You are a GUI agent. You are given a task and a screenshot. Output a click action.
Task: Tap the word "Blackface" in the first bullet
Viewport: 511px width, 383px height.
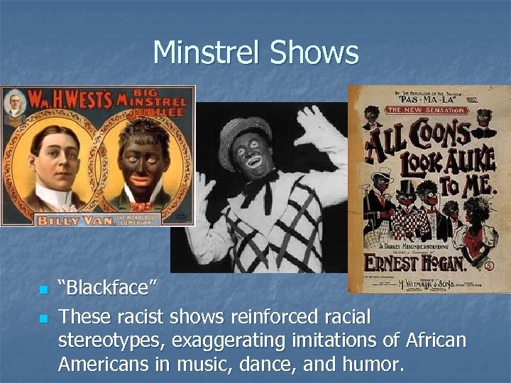click(x=108, y=289)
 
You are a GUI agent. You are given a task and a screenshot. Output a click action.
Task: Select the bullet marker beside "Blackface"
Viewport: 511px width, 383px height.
click(x=43, y=291)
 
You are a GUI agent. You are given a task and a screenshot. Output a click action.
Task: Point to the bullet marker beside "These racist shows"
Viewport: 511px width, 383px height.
click(x=43, y=317)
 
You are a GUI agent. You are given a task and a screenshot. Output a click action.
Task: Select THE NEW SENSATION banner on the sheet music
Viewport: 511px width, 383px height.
click(x=426, y=110)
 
